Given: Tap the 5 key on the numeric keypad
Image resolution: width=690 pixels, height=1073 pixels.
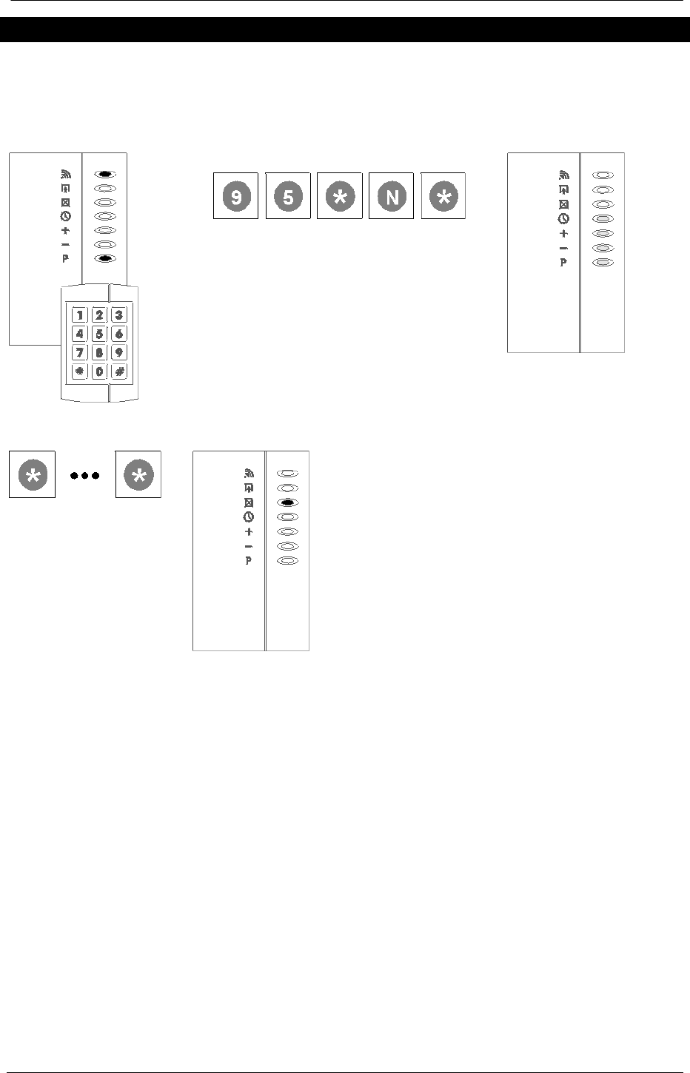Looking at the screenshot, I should (99, 334).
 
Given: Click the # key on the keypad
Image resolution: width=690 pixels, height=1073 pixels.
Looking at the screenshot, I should (119, 371).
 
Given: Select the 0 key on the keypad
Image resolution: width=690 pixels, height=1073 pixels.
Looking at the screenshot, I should (99, 371).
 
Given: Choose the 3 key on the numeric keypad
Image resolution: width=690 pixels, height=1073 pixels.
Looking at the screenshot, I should (119, 315).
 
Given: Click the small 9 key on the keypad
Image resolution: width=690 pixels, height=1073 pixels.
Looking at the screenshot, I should (119, 353).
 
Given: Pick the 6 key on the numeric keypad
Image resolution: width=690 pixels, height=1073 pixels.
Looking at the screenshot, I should (119, 334).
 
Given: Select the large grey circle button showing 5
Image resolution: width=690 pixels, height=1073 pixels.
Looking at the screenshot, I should (288, 197).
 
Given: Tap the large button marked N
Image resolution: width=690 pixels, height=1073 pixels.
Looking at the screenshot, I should (391, 197).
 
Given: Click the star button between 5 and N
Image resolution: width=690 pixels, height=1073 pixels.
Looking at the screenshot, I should (339, 197).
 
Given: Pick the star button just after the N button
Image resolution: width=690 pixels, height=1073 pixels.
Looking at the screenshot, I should (443, 197).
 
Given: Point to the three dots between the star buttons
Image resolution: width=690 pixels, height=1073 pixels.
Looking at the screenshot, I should (85, 476).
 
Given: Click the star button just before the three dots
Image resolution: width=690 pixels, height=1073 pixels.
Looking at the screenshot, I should (32, 476).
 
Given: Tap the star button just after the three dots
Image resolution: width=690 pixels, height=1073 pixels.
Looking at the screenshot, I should (139, 476).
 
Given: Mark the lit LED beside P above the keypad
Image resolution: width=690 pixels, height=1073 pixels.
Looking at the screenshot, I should (105, 259).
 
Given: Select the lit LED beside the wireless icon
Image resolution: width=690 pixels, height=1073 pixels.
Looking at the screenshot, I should (105, 175).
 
